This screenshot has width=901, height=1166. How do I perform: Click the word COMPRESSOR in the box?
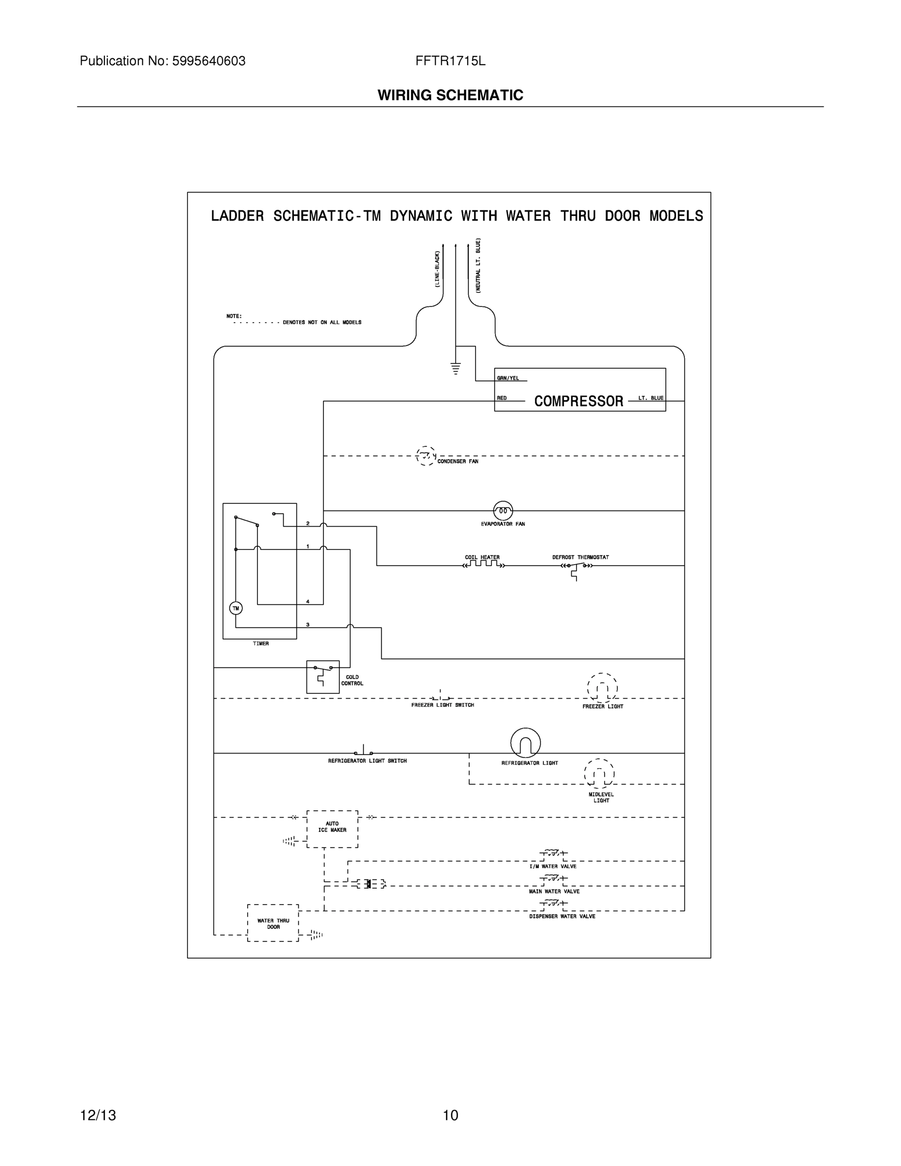coord(578,401)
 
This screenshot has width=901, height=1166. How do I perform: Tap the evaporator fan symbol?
coord(503,511)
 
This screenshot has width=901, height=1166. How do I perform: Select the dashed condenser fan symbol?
coord(425,456)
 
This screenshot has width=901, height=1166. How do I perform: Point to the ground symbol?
coord(455,368)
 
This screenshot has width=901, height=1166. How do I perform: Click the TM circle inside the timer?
coord(236,608)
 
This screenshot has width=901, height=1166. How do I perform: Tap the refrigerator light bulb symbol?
coord(525,743)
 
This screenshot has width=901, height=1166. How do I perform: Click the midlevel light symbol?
coord(599,773)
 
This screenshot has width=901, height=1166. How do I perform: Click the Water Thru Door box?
coord(273,923)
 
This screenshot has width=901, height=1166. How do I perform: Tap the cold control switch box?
coord(323,676)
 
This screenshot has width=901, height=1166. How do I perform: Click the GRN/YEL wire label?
coord(508,378)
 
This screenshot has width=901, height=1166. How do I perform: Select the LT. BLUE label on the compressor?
coord(651,398)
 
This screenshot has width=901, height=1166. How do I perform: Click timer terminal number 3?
coord(307,624)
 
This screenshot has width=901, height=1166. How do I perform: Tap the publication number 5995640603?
coord(209,61)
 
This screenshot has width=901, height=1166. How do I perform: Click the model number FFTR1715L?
coord(450,61)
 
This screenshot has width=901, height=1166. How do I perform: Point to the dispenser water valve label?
coord(562,916)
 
